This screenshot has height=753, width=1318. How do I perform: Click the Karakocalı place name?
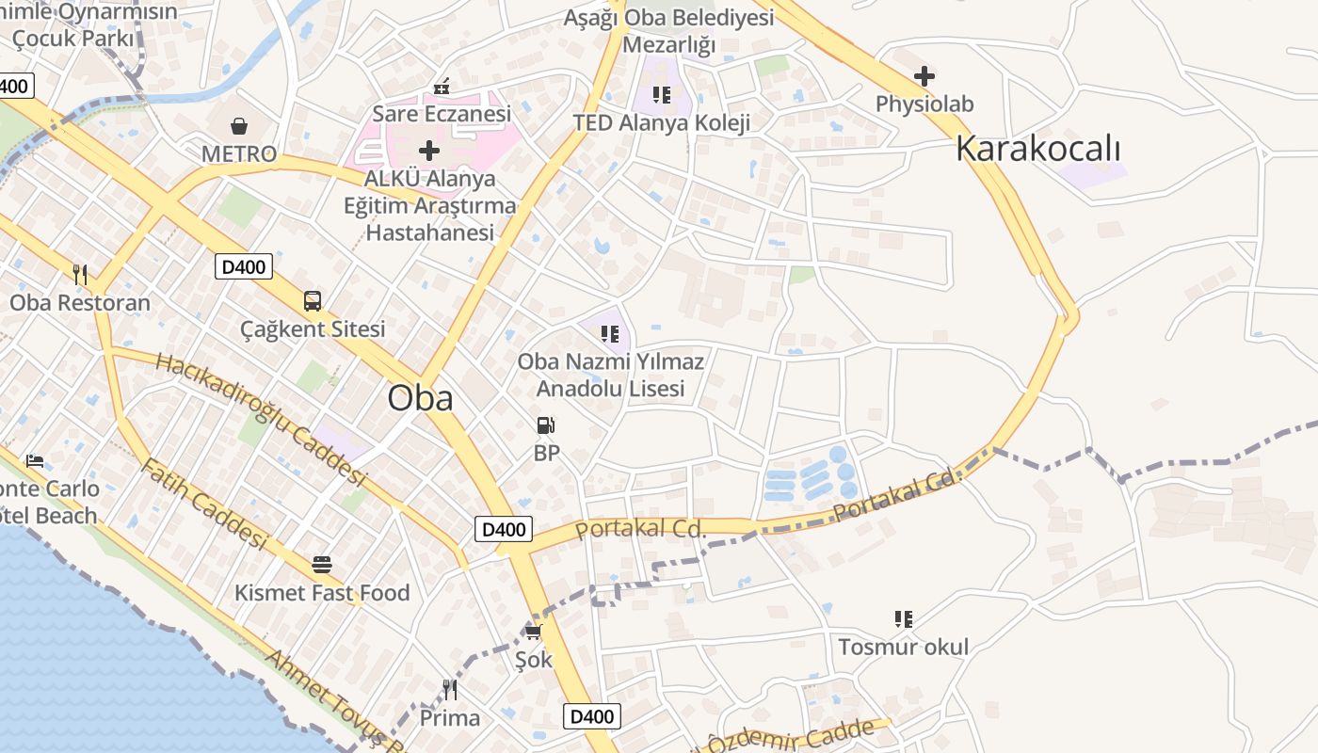[1038, 149]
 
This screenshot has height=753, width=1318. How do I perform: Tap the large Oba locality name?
[420, 397]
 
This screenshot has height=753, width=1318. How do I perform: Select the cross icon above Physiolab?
[924, 75]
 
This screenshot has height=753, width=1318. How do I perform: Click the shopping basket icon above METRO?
[239, 125]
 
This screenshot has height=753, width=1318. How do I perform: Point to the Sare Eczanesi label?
[442, 114]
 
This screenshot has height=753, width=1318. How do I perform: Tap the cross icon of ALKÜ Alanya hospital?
[429, 150]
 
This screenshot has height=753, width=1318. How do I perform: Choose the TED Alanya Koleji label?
[662, 123]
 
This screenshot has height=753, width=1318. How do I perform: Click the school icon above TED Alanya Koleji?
[662, 94]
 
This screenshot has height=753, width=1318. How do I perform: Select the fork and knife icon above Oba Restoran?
[80, 274]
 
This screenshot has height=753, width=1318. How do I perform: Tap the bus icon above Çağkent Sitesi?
[313, 301]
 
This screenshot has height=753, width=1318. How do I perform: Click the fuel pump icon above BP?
[545, 425]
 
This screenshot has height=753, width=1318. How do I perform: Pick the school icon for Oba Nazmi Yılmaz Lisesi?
[610, 333]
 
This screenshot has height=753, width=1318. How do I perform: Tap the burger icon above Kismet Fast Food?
[322, 565]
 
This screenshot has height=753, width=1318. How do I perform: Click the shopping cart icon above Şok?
[534, 632]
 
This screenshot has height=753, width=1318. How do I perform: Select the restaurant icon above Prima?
[450, 690]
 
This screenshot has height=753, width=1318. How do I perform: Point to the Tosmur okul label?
[903, 647]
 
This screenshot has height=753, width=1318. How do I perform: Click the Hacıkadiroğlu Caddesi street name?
[260, 419]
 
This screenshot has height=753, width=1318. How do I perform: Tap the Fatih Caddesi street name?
[203, 505]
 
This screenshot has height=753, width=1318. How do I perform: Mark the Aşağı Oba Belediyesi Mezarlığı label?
[668, 31]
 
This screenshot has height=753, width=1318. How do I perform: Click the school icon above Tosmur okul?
[904, 618]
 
